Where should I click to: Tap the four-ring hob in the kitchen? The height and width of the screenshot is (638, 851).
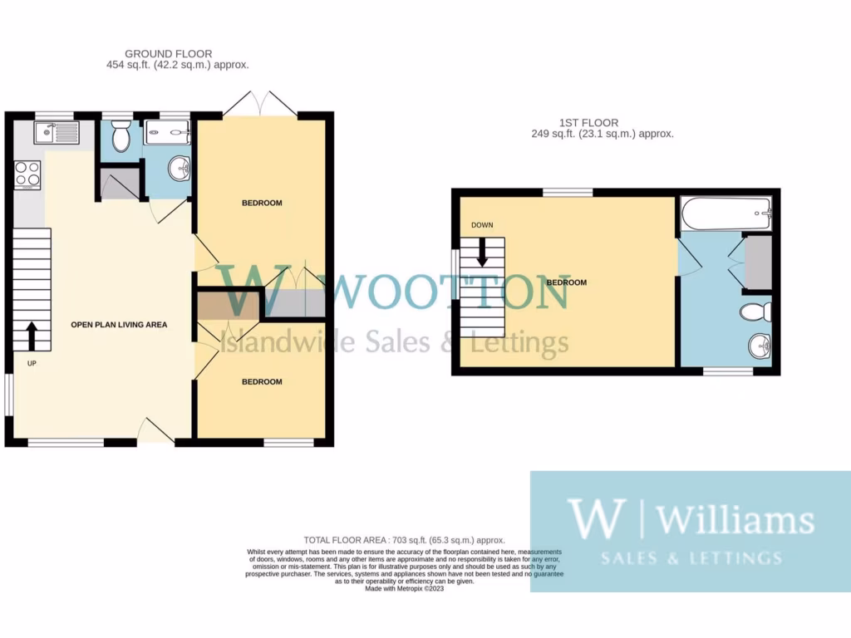(x=27, y=173)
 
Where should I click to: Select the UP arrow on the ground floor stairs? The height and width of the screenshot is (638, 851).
(x=32, y=336)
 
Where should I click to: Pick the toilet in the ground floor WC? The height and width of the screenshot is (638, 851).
(x=121, y=138)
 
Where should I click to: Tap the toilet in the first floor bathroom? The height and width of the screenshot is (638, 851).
(x=755, y=313)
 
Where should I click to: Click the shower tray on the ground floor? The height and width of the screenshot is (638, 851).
(x=166, y=133)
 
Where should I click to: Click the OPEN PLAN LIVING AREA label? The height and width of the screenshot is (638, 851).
(x=119, y=325)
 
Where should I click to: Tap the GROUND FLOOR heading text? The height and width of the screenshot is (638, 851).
(x=168, y=54)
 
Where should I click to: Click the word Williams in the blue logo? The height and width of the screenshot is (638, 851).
(x=735, y=520)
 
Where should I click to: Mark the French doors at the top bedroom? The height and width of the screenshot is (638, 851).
(x=262, y=105)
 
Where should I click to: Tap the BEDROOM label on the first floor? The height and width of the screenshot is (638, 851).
(x=566, y=282)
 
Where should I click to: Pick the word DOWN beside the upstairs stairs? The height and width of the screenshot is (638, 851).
(x=481, y=225)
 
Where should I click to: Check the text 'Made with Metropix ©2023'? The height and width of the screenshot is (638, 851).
(x=406, y=589)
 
